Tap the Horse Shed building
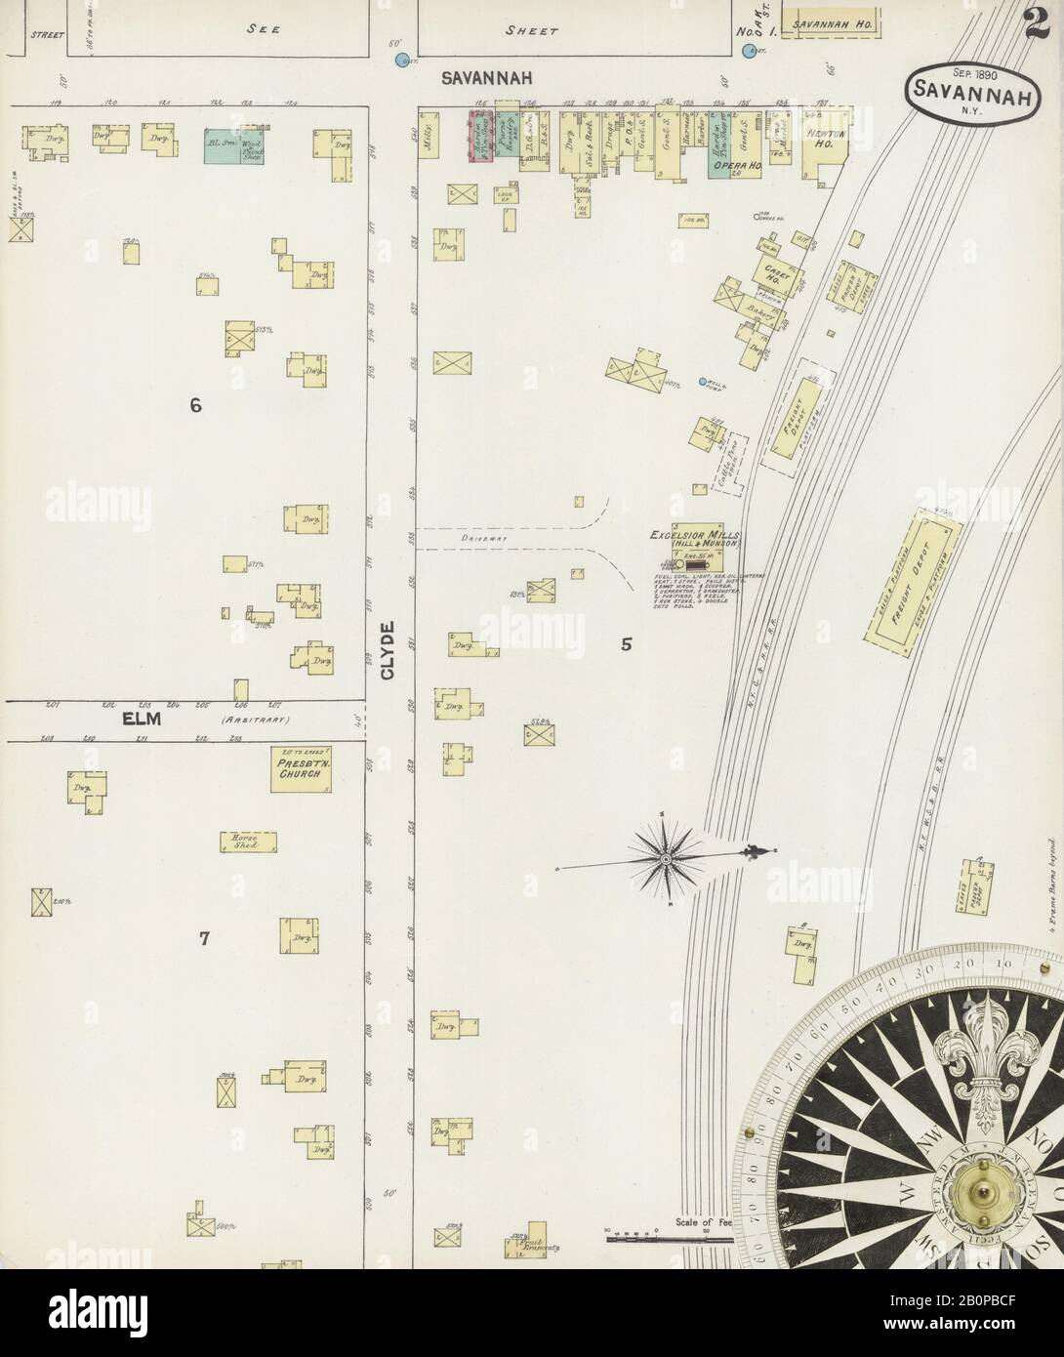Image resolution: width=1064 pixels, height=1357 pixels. click(x=246, y=842)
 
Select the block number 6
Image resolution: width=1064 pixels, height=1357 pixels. click(x=195, y=405)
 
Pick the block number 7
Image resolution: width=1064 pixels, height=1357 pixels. click(x=204, y=939)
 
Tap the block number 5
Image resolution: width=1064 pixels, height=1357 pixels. click(x=627, y=644)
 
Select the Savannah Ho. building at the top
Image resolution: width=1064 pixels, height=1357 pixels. click(x=833, y=21)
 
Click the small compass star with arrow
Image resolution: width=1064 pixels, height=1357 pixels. click(x=665, y=858)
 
